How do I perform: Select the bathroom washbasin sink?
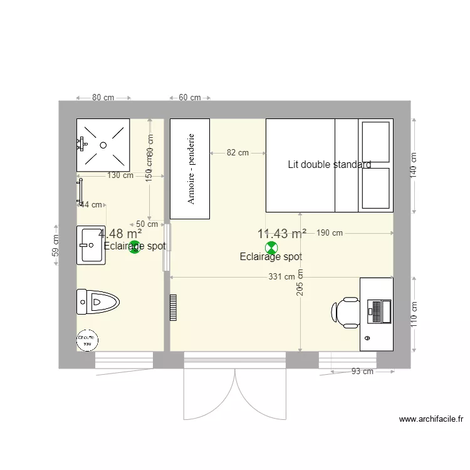tap(91, 245)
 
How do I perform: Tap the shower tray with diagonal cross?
tap(103, 144)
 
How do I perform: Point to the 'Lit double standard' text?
tap(329, 165)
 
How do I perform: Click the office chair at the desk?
tap(345, 311)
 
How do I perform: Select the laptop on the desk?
tap(380, 311)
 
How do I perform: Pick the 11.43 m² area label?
tap(281, 234)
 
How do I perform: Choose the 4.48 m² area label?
tap(120, 233)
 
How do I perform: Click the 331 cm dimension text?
tap(281, 276)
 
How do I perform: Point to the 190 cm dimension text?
tap(330, 233)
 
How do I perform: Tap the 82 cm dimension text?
tap(238, 152)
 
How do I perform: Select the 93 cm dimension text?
tap(362, 371)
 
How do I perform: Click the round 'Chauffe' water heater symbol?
tap(88, 340)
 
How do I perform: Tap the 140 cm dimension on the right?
tap(414, 166)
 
